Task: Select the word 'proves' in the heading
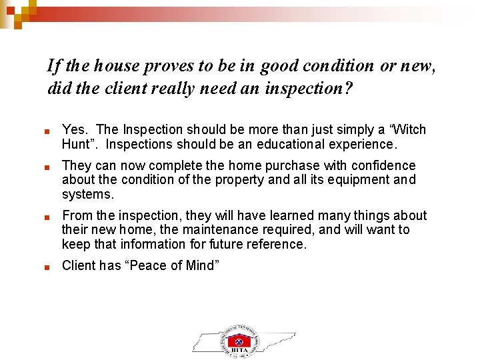click(173, 66)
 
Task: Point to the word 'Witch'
click(407, 129)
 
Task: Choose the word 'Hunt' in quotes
click(75, 144)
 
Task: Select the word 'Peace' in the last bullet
click(149, 265)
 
